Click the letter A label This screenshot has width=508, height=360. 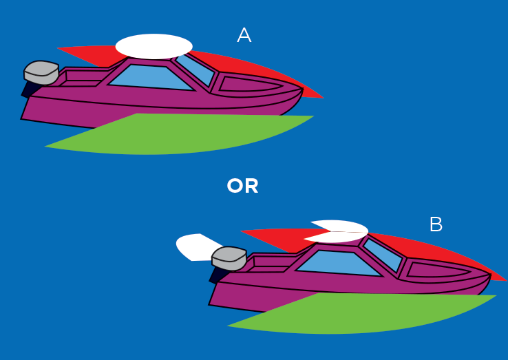(x=244, y=36)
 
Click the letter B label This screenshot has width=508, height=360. (x=436, y=224)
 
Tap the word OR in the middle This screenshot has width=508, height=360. (x=242, y=186)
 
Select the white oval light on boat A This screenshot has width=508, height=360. (x=154, y=46)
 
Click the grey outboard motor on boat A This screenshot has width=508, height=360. (x=41, y=72)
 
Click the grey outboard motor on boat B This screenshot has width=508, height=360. (x=229, y=258)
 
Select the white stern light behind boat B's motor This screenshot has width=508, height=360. (x=194, y=246)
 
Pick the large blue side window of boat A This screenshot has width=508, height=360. (x=151, y=76)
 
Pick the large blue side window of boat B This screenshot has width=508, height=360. (x=339, y=263)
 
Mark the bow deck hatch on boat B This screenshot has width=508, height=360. (x=438, y=271)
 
